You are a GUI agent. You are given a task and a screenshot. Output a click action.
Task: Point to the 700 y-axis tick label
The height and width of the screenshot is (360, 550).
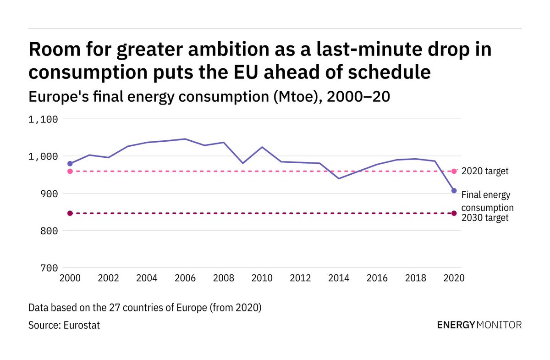click(x=49, y=268)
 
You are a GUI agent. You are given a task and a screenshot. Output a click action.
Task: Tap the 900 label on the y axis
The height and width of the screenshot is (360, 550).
click(x=49, y=194)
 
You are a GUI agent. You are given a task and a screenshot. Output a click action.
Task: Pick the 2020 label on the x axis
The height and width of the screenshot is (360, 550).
click(x=454, y=278)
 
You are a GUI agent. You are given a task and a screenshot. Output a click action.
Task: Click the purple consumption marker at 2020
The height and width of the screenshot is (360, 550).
click(x=454, y=190)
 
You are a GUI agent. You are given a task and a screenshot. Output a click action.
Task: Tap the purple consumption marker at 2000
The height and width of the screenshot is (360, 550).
click(x=70, y=164)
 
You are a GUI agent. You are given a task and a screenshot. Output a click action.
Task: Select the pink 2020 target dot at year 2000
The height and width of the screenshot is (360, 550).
click(x=70, y=172)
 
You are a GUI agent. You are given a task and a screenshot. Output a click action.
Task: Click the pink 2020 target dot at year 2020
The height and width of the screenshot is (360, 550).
click(x=454, y=172)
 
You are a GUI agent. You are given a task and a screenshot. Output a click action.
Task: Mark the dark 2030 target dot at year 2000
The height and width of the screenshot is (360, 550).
click(x=70, y=213)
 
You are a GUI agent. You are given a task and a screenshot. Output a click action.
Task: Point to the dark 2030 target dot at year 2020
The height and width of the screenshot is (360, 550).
click(x=454, y=213)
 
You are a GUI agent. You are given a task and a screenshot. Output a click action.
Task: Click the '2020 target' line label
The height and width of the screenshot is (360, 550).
click(x=485, y=172)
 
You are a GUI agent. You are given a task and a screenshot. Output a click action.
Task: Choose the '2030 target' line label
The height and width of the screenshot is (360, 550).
click(x=485, y=218)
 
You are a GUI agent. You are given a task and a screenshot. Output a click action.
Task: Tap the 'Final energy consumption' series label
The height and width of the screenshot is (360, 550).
click(x=487, y=201)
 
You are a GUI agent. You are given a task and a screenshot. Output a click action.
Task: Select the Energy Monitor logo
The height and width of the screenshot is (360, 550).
click(x=479, y=325)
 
